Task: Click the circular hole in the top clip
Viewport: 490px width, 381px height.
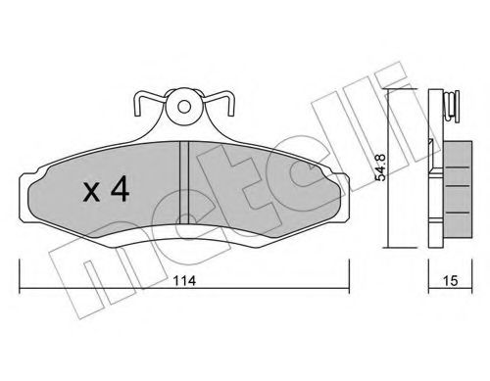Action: (184, 104)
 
